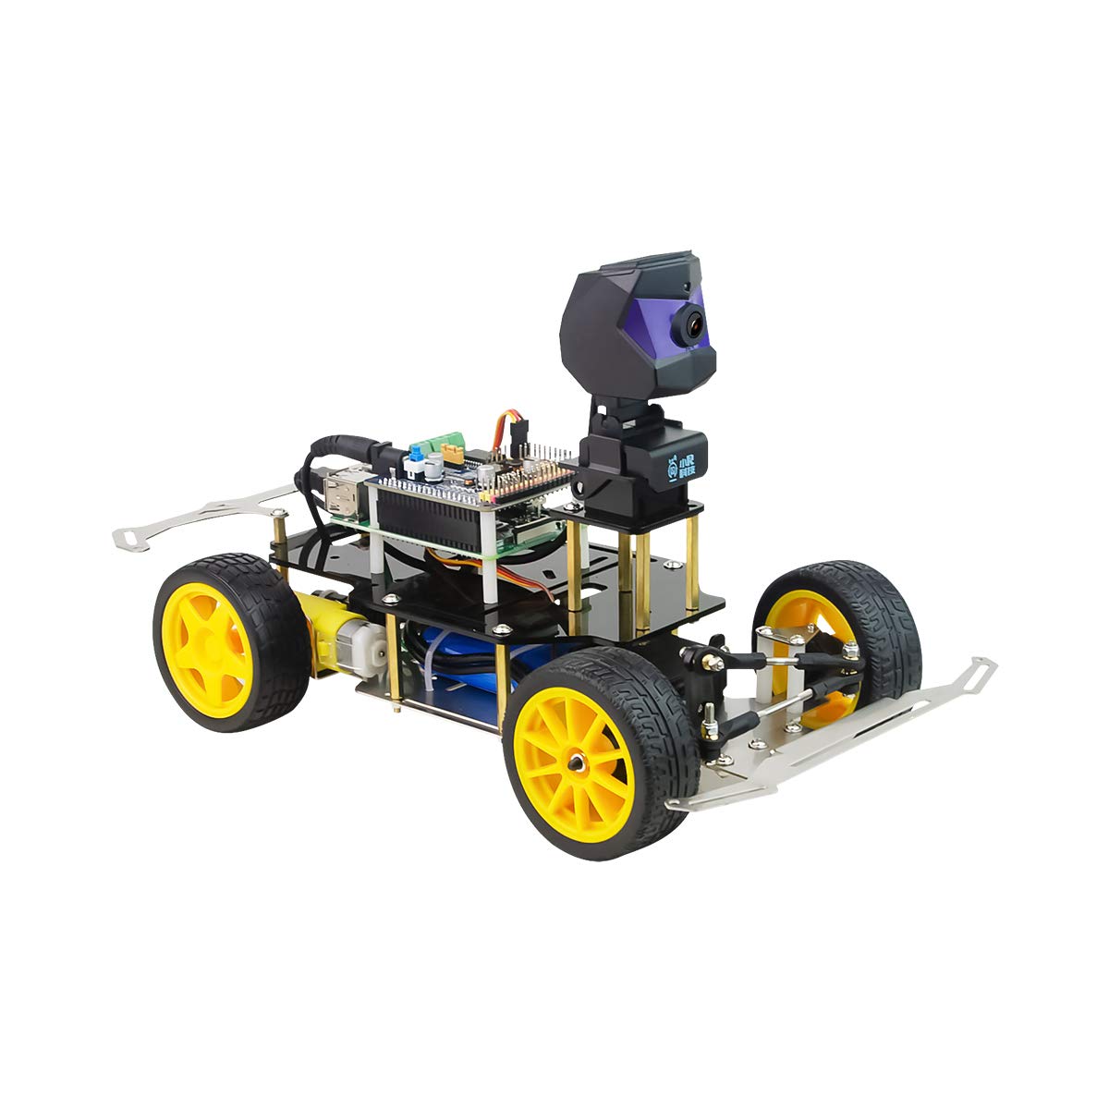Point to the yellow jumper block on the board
coord(453,454)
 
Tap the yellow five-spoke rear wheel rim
coord(206,637)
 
